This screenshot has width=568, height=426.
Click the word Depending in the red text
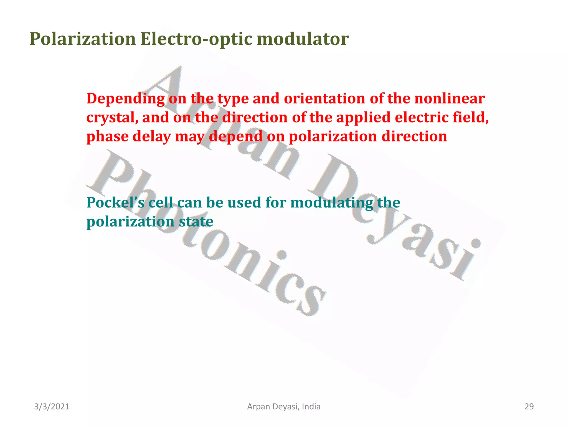125,99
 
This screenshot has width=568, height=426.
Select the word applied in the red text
363,118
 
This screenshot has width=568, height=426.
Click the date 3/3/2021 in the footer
52,407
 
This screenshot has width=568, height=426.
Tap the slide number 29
529,407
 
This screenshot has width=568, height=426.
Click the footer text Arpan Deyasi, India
284,407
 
